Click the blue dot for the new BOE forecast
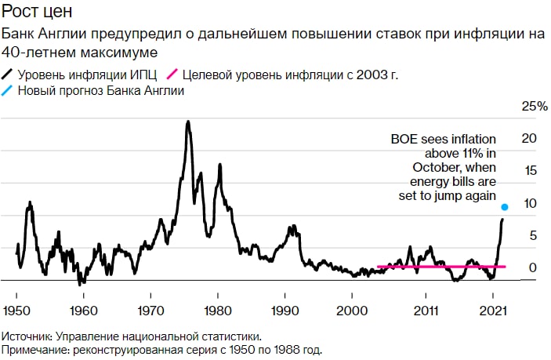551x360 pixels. pos(504,207)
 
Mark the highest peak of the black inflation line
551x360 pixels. pos(187,122)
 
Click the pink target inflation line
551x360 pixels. pos(439,267)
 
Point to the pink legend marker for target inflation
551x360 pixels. pos(175,75)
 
